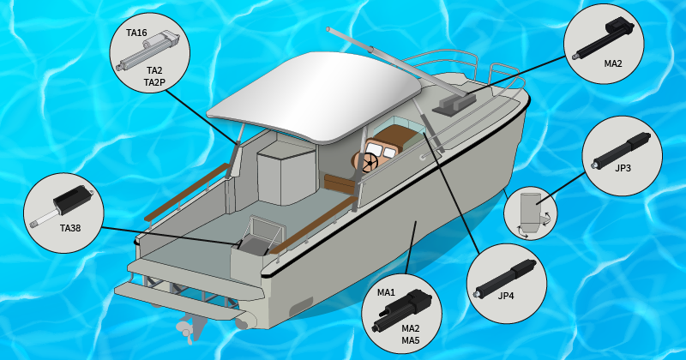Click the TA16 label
coord(136,33)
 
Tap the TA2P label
coord(154,82)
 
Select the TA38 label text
coord(70,228)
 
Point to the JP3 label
coord(623,168)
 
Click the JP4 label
coord(506,296)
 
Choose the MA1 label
coord(386,292)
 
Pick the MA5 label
coord(411,340)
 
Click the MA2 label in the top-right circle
coord(612,64)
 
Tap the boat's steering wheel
coord(370,163)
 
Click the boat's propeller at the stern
coord(185,329)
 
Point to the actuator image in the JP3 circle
coord(620,151)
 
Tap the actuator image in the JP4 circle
coord(505,279)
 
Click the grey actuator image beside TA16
coord(148,51)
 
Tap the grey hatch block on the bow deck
coord(454,105)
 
